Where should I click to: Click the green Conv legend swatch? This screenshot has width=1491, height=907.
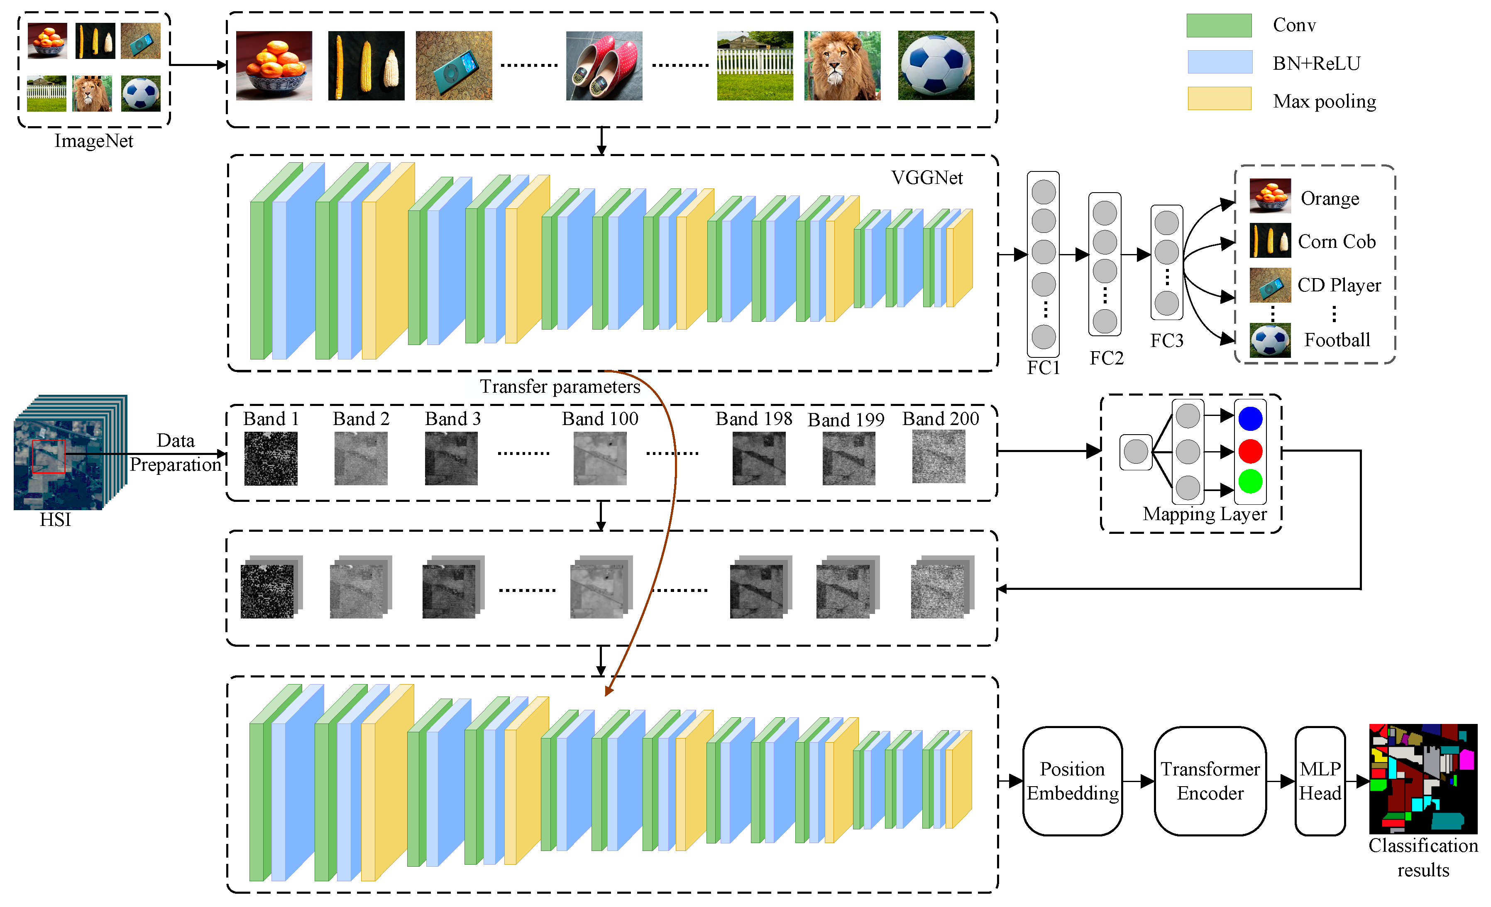pos(1219,25)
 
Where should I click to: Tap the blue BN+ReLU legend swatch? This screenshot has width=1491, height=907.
pos(1219,62)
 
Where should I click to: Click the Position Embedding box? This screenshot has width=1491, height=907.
pos(1072,780)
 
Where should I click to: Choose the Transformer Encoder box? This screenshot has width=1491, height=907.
pos(1210,780)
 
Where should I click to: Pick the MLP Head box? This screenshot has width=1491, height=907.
pos(1320,780)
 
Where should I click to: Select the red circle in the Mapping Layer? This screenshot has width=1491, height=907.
pos(1250,451)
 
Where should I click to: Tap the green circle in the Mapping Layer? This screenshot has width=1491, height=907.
pos(1250,482)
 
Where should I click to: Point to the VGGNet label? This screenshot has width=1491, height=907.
pos(926,178)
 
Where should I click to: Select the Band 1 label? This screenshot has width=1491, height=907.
pos(271,419)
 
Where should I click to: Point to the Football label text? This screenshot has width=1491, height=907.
pos(1337,340)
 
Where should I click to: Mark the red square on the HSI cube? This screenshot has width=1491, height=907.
pos(49,456)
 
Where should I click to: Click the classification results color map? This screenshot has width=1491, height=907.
pos(1423,779)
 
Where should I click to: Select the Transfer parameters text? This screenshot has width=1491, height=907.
pos(560,386)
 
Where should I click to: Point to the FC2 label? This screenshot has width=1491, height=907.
pos(1106,358)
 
